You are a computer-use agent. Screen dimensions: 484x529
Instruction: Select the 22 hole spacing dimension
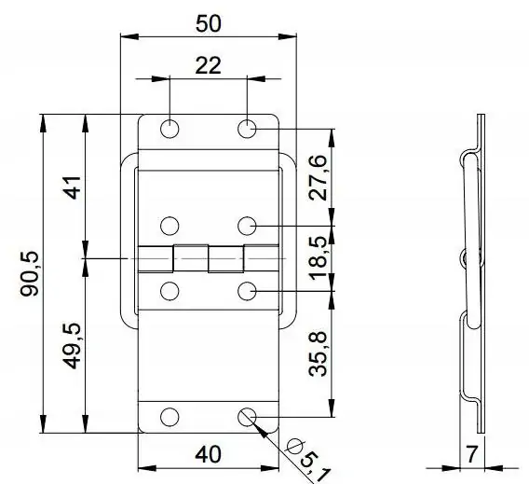tap(208, 65)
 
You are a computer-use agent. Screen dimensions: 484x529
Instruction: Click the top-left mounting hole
tap(170, 129)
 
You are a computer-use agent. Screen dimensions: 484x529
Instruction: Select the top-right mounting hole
tap(247, 129)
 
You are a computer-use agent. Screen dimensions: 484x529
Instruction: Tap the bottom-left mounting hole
tap(170, 417)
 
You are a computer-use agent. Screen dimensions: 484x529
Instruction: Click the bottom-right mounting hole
tap(247, 417)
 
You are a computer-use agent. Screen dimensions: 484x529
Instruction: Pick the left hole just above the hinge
tap(170, 225)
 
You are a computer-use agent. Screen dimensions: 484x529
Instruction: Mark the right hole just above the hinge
tap(247, 225)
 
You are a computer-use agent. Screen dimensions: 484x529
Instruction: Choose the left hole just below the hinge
tap(170, 292)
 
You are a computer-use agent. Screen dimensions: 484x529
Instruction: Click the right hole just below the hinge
tap(247, 292)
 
